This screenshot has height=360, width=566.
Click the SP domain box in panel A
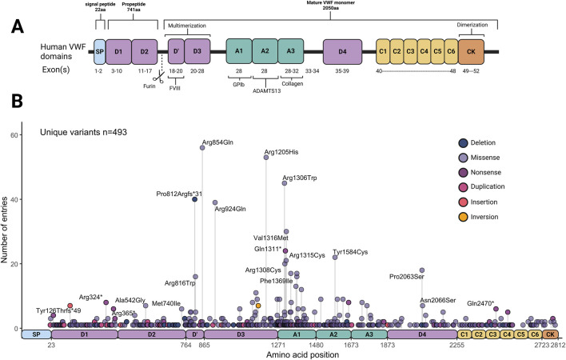(x=99, y=53)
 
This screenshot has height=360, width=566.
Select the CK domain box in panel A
(x=472, y=53)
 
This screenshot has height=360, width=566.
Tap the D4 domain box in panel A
(x=342, y=53)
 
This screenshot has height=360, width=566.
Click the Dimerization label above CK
(x=472, y=24)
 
